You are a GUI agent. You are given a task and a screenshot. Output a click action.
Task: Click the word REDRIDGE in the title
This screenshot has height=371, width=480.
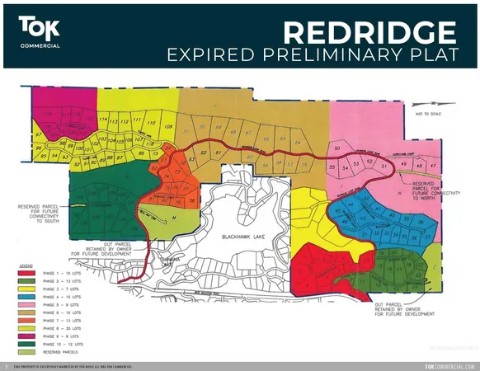[x=369, y=32]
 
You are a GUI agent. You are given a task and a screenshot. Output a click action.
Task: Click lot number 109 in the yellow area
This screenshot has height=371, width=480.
[x=167, y=127]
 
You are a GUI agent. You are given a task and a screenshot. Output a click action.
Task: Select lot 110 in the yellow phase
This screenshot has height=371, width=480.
[x=151, y=122]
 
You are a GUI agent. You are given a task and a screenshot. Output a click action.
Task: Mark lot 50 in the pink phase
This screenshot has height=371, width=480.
[x=336, y=148]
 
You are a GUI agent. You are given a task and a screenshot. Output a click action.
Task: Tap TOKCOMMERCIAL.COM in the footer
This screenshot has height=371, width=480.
[x=449, y=366]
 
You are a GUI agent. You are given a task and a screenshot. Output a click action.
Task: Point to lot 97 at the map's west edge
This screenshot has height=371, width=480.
[x=38, y=134]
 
